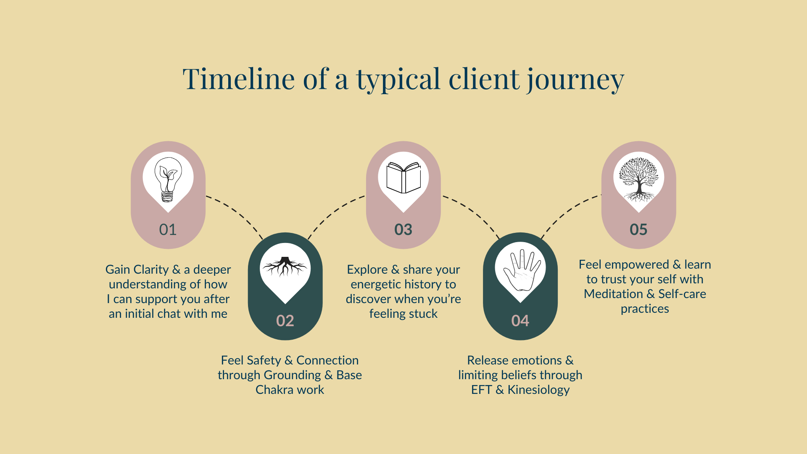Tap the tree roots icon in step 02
coord(285,267)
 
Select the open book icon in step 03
coord(403,178)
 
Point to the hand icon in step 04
coord(521,270)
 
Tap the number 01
coord(168,230)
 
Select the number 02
coord(285,321)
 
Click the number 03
coord(403,230)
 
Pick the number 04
coord(520,321)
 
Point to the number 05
coord(638,230)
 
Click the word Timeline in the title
coord(239,79)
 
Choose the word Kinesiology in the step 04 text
coord(538,390)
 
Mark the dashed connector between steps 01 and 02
coord(237,214)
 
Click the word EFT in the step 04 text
coord(481,390)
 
